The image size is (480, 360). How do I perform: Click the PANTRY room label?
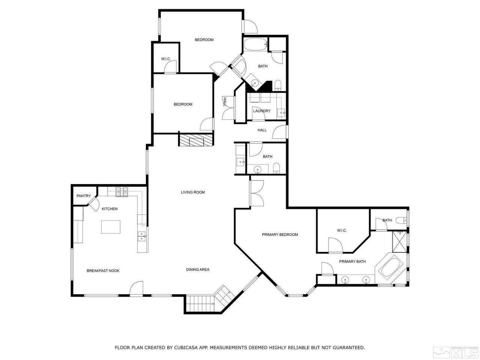coord(84,196)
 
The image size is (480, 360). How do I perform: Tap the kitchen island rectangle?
coord(111,227)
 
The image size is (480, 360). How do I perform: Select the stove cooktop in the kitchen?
coord(122,192)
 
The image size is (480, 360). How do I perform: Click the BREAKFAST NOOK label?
coord(103,271)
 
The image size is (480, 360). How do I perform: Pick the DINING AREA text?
coord(198,270)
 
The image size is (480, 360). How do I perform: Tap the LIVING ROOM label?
coord(193,192)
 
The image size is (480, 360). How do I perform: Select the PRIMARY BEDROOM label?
coord(280,235)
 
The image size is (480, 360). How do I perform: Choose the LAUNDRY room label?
coord(262,111)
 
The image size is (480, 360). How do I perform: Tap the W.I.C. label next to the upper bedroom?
coord(166,59)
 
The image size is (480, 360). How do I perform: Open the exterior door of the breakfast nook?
coord(136,289)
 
